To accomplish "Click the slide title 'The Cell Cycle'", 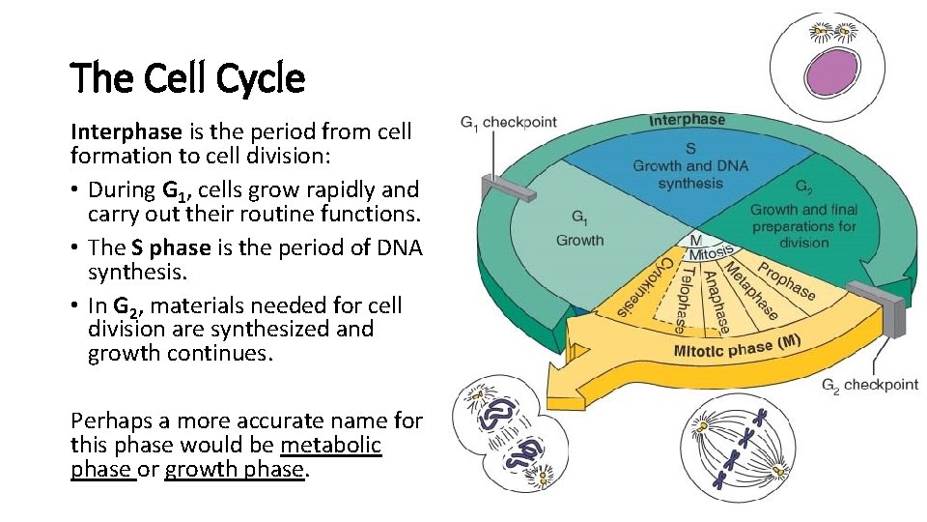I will pyautogui.click(x=187, y=78).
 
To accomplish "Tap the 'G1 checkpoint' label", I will pyautogui.click(x=508, y=123).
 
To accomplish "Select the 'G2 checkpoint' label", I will pyautogui.click(x=869, y=384).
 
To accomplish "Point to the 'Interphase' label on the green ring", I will pyautogui.click(x=687, y=120).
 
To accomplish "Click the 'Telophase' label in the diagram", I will pyautogui.click(x=684, y=294).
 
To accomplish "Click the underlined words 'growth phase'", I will pyautogui.click(x=235, y=471).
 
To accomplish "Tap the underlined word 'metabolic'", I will pyautogui.click(x=331, y=447).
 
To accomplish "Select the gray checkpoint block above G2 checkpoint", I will pyautogui.click(x=882, y=301).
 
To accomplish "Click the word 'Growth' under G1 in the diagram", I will pyautogui.click(x=579, y=240).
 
